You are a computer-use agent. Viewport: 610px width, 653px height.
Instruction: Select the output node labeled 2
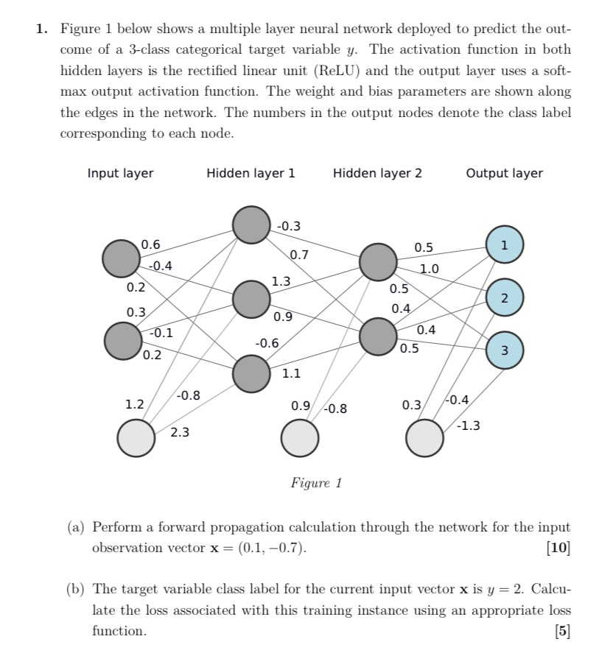pos(505,297)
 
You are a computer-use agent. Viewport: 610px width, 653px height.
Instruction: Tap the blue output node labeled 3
pos(505,349)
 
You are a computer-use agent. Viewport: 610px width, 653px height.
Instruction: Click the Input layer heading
pos(120,174)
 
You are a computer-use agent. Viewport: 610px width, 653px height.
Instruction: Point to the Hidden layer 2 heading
pos(377,174)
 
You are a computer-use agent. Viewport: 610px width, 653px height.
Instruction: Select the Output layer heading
pos(504,174)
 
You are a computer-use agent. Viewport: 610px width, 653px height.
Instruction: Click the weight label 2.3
pos(180,433)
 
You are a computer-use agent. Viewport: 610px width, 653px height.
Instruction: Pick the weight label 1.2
pos(134,404)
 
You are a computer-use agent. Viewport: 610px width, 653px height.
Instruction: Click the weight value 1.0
pos(429,269)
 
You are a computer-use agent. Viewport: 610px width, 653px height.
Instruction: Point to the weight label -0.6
pos(267,343)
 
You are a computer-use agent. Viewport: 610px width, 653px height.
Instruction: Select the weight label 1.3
pos(281,280)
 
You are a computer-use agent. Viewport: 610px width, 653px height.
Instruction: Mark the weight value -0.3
pos(289,226)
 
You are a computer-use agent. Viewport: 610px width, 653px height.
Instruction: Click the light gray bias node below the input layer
pos(136,438)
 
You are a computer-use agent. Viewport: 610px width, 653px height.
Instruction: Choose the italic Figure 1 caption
pos(316,483)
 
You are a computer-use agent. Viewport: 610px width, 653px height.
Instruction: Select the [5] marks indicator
pos(563,631)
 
